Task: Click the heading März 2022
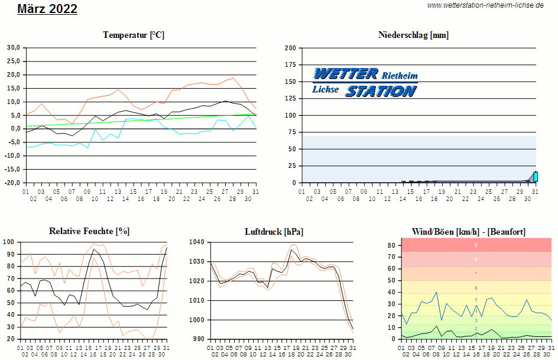pyautogui.click(x=47, y=9)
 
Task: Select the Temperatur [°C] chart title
pyautogui.click(x=134, y=35)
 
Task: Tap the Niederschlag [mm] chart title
pyautogui.click(x=413, y=35)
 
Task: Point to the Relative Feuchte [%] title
pyautogui.click(x=89, y=231)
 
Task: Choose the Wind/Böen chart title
pyautogui.click(x=469, y=231)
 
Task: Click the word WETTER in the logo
pyautogui.click(x=346, y=74)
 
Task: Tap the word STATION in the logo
pyautogui.click(x=381, y=91)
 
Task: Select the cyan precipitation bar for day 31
pyautogui.click(x=536, y=176)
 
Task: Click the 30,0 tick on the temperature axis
pyautogui.click(x=14, y=47)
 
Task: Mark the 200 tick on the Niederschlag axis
pyautogui.click(x=290, y=47)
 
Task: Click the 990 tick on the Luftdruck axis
pyautogui.click(x=198, y=339)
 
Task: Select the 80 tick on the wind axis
pyautogui.click(x=391, y=245)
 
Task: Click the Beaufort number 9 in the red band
pyautogui.click(x=476, y=245)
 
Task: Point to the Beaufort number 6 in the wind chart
pyautogui.click(x=476, y=288)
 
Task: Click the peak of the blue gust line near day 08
pyautogui.click(x=436, y=292)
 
